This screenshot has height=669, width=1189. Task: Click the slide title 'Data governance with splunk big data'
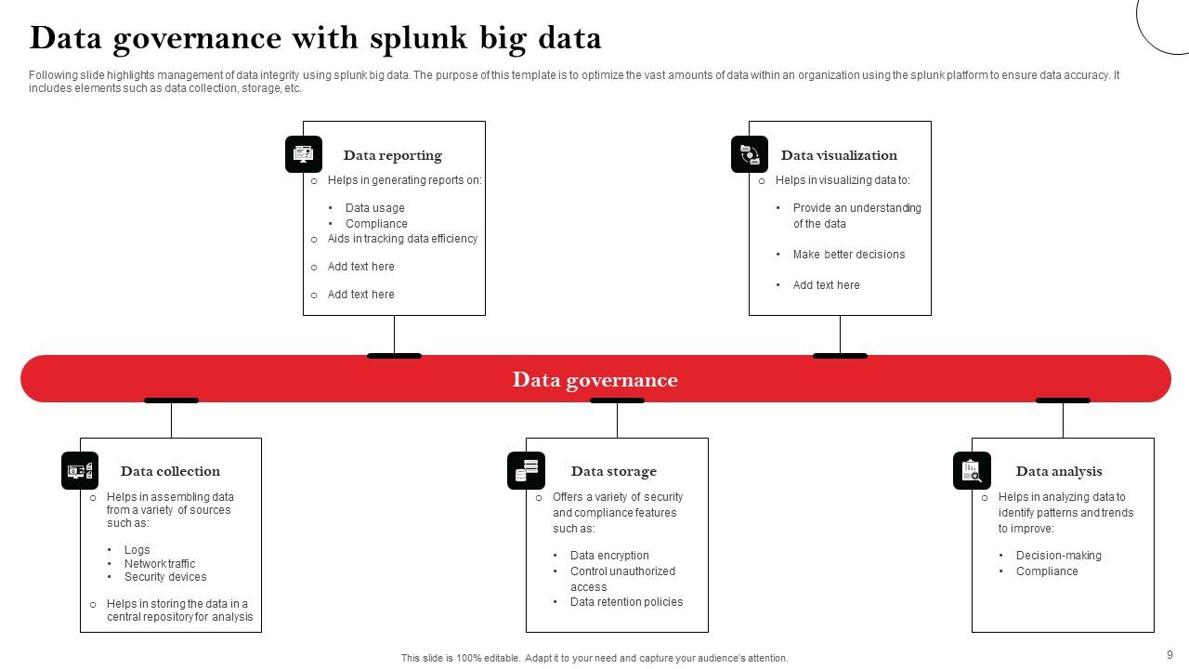[x=316, y=38]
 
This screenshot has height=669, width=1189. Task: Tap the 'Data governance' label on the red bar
[x=594, y=379]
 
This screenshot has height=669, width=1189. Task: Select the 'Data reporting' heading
[x=392, y=155]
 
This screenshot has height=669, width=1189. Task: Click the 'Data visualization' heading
[x=839, y=155]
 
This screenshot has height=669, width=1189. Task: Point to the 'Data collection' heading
[x=170, y=471]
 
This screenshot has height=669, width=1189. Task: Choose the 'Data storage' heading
[x=613, y=471]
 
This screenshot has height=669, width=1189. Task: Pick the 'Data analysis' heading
[x=1059, y=471]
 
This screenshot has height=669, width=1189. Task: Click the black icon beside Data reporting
[x=304, y=154]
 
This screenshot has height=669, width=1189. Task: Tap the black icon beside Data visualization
[x=750, y=154]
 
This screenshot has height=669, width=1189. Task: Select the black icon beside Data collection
[x=80, y=471]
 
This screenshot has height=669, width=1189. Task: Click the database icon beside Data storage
[x=527, y=470]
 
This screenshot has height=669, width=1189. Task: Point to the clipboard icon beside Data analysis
[x=972, y=471]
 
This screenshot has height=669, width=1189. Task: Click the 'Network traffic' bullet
[x=160, y=563]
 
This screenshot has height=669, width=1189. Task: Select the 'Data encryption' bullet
[x=609, y=556]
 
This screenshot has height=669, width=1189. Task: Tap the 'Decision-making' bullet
[x=1058, y=556]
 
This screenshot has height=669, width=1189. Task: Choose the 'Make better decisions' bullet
[x=848, y=255]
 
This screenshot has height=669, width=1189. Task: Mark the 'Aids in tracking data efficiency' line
[x=402, y=239]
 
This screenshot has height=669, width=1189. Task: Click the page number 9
[x=1169, y=655]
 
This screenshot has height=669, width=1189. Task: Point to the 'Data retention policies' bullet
[x=626, y=602]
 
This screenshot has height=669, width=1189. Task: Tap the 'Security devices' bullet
[x=165, y=577]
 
